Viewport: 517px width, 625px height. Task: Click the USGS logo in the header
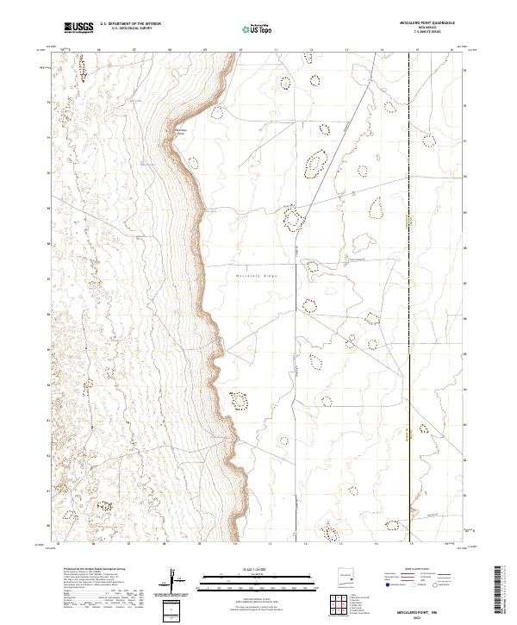pyautogui.click(x=78, y=28)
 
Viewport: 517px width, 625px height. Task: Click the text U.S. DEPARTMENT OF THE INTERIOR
pyautogui.click(x=130, y=24)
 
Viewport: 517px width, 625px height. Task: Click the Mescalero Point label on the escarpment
pyautogui.click(x=180, y=131)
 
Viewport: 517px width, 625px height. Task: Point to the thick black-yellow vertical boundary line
pyautogui.click(x=408, y=431)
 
